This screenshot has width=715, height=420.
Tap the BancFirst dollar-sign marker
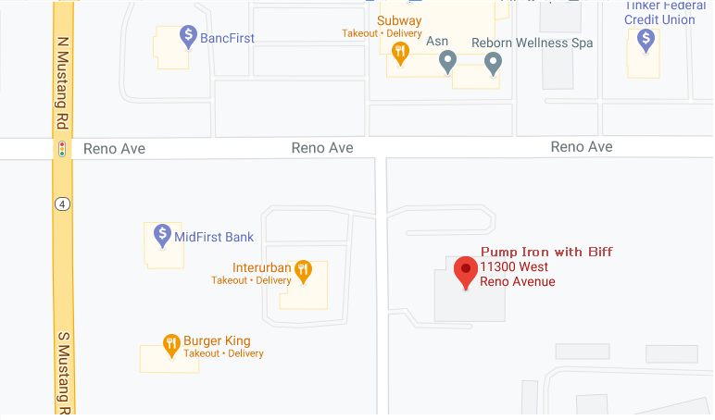[187, 37]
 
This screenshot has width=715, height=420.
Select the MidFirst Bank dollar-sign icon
[162, 235]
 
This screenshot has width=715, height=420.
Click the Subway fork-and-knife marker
[400, 53]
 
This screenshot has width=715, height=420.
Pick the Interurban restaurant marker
[302, 270]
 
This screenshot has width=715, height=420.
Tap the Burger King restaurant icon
[171, 345]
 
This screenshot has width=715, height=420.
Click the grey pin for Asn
[447, 61]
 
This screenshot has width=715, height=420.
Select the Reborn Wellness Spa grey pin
[494, 62]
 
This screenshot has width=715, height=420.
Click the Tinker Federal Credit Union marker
[646, 39]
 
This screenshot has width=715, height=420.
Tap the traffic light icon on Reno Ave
[62, 148]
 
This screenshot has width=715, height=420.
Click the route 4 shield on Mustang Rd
[62, 204]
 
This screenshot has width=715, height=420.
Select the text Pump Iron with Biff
[546, 252]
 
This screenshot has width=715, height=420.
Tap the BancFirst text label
[227, 38]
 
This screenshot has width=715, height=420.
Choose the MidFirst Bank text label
[214, 237]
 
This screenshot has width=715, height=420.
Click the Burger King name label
[217, 340]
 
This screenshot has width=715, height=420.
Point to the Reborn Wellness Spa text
[532, 43]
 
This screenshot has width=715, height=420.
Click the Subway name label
[399, 20]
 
